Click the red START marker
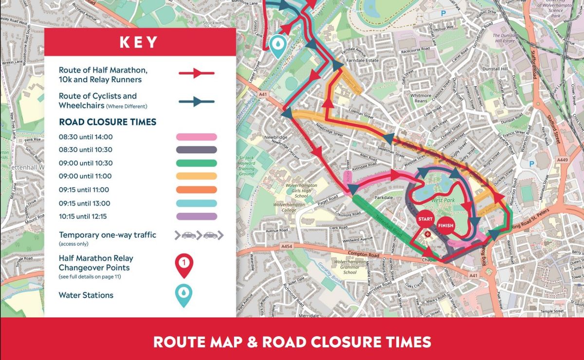point(425,219)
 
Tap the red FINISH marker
point(445,225)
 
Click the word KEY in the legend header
point(139,42)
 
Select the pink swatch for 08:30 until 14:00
point(197,137)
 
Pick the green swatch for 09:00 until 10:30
point(197,163)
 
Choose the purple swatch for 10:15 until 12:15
point(197,216)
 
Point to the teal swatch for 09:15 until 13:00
point(197,203)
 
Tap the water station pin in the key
point(184,295)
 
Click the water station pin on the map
point(278,45)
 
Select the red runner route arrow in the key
point(197,73)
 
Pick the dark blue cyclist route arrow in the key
point(197,102)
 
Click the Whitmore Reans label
point(420,99)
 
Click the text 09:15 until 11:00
point(84,190)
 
